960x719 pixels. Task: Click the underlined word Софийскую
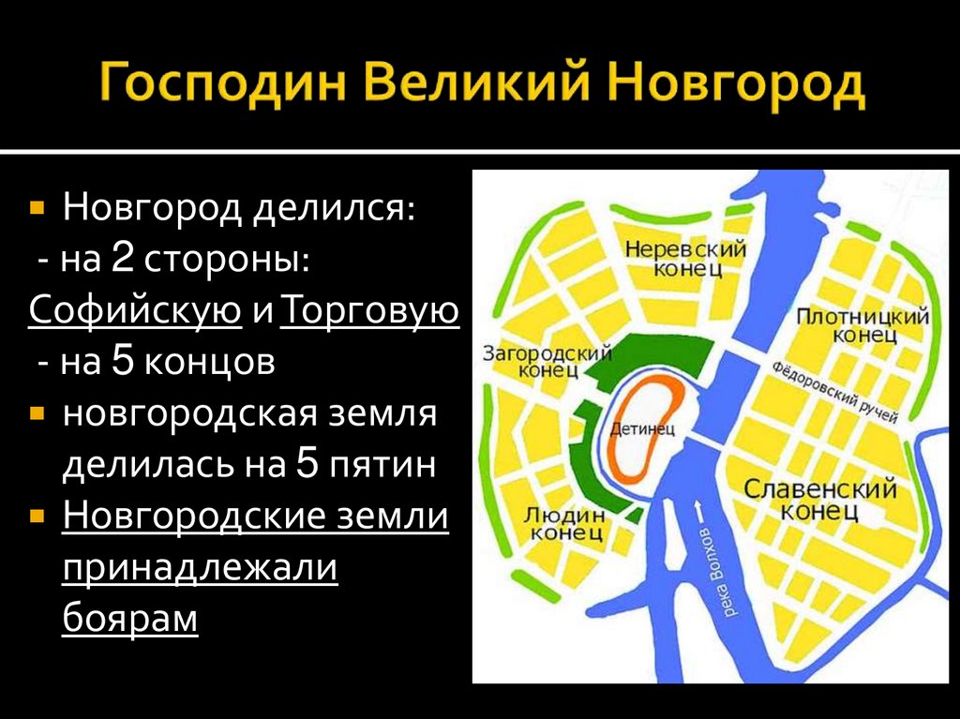point(135,311)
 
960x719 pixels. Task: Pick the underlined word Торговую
point(368,311)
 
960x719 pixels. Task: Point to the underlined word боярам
point(130,620)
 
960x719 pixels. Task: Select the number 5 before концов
point(123,363)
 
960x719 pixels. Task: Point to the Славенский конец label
point(820,500)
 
